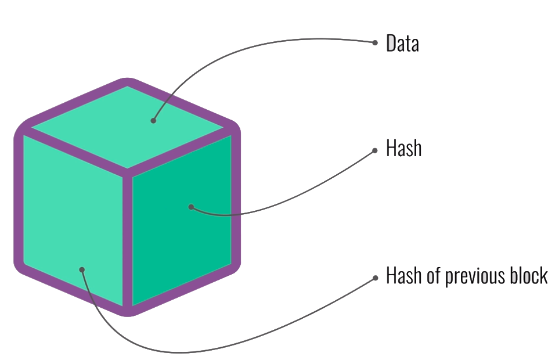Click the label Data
tap(402, 44)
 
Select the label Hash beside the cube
tap(403, 149)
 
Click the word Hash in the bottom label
tap(403, 275)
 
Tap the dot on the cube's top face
tap(153, 121)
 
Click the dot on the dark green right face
tap(191, 207)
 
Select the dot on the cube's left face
tap(82, 269)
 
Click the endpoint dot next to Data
tap(375, 42)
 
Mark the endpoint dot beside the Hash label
tap(375, 149)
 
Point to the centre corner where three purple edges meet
tap(128, 170)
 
